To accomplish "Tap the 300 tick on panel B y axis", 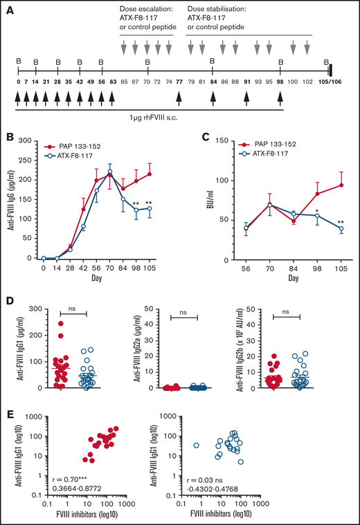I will (x=29, y=140).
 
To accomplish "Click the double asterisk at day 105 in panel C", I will (x=340, y=222).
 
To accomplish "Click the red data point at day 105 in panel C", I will (x=340, y=185).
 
